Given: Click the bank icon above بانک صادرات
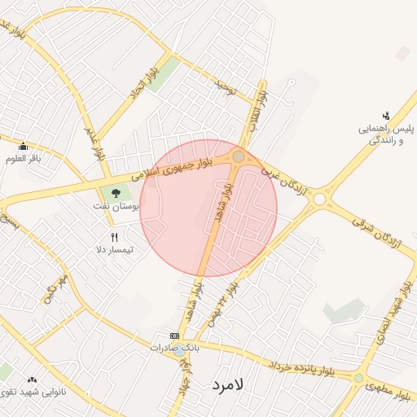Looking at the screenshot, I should pyautogui.click(x=174, y=336).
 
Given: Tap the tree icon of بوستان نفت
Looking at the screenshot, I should pyautogui.click(x=115, y=194).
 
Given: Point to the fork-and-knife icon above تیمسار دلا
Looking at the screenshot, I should pyautogui.click(x=115, y=237).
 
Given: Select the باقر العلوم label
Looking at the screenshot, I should pyautogui.click(x=24, y=158).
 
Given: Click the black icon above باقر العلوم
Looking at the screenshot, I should pyautogui.click(x=23, y=147).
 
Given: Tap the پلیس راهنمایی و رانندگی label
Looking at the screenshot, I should pyautogui.click(x=388, y=134).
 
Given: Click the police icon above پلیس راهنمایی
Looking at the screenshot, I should pyautogui.click(x=386, y=116).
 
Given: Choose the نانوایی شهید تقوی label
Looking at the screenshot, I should pyautogui.click(x=33, y=392).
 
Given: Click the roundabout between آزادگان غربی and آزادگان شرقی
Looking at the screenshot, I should pyautogui.click(x=319, y=198).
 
